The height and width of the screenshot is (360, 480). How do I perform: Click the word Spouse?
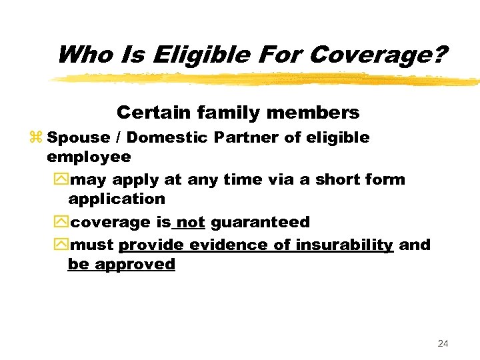79,138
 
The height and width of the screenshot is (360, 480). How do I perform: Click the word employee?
89,157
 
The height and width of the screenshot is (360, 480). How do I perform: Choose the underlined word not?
191,222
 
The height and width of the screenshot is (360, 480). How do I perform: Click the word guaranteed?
260,222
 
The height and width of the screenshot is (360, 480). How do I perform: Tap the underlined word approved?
135,264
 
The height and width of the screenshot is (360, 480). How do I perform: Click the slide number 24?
443,343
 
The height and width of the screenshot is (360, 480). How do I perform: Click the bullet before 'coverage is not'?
61,222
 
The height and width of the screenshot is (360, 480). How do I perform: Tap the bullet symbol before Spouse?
36,138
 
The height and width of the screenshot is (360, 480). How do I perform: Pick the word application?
117,199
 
